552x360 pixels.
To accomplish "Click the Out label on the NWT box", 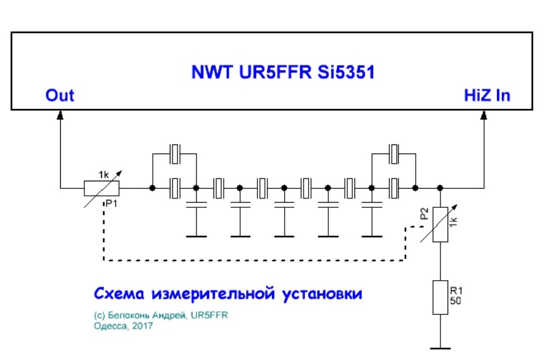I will [x=60, y=95].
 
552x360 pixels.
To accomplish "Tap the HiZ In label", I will [x=487, y=95].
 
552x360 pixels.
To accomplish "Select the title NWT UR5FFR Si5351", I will [x=283, y=72].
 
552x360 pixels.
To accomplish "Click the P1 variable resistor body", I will [x=101, y=188].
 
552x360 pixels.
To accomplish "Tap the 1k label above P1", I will [x=105, y=173].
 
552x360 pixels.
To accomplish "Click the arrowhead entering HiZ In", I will [x=484, y=116].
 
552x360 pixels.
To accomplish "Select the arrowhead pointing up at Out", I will [x=60, y=116].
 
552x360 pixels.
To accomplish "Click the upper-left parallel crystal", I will [x=175, y=153].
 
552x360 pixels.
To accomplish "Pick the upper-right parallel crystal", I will [x=394, y=153].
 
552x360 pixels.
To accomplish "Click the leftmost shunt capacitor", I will [x=196, y=207].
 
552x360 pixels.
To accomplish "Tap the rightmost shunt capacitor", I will [x=371, y=207].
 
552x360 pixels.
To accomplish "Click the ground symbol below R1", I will [x=440, y=347].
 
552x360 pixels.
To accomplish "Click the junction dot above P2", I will [x=440, y=188].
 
